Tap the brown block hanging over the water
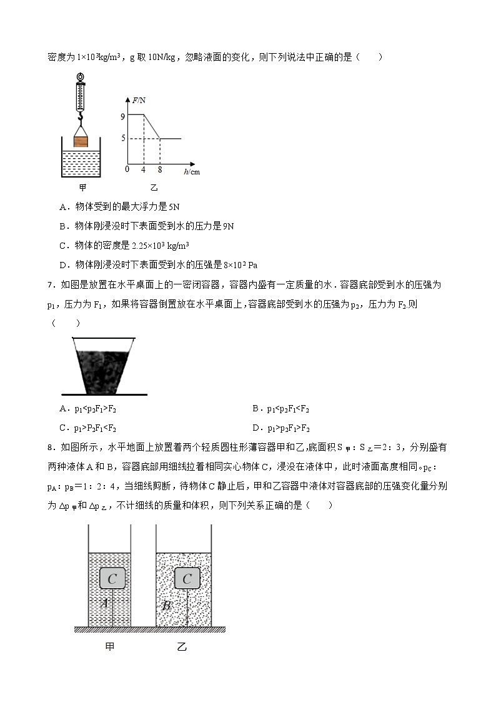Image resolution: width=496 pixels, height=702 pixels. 81,141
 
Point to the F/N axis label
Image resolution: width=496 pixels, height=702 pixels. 139,100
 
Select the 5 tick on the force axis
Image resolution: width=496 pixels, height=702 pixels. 124,139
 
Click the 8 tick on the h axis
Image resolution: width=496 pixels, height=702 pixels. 160,169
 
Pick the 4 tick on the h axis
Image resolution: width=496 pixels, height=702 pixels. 144,169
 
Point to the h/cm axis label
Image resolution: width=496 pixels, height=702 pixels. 192,171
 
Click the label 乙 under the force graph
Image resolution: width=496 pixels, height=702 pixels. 154,188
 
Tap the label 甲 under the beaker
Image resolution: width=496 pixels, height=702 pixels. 82,188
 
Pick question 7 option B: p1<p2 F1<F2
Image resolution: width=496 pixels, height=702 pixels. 280,409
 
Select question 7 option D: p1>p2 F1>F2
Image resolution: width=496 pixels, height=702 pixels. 280,428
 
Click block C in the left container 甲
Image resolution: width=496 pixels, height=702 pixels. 112,579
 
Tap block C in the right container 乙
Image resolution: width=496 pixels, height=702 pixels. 187,579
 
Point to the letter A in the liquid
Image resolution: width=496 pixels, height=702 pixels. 105,603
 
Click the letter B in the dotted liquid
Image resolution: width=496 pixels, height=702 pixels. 166,605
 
